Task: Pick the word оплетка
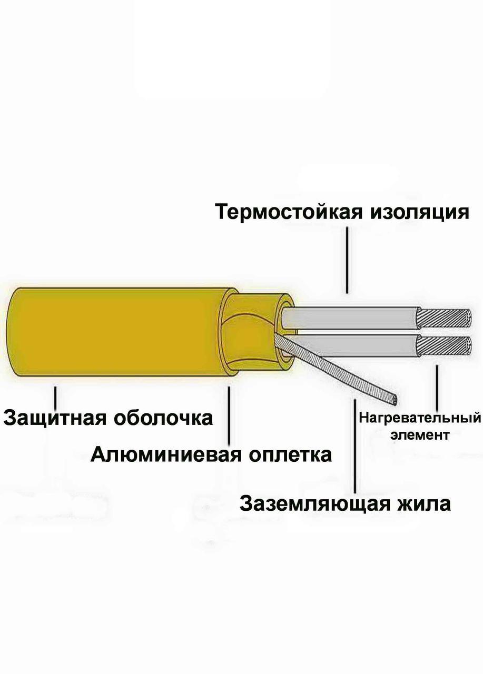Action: click(289, 454)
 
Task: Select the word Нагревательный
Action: click(420, 418)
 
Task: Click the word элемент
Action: click(420, 435)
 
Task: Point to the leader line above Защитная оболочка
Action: click(55, 396)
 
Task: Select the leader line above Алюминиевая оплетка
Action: click(229, 416)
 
